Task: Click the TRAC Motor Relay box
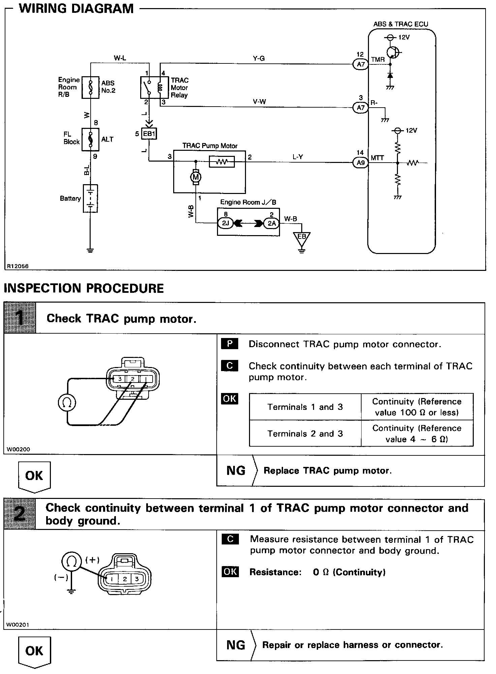154,87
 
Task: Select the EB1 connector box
149,134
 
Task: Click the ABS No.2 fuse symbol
90,87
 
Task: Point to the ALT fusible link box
90,139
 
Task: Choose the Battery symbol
90,198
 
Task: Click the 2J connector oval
226,223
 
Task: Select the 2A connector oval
271,223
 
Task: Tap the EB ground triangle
302,238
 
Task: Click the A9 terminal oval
361,163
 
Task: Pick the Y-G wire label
258,58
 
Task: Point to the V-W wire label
259,102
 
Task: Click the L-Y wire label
298,157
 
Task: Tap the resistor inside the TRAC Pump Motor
222,162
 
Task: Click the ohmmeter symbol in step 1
67,402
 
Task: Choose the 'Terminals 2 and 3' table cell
305,433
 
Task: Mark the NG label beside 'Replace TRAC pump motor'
236,471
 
